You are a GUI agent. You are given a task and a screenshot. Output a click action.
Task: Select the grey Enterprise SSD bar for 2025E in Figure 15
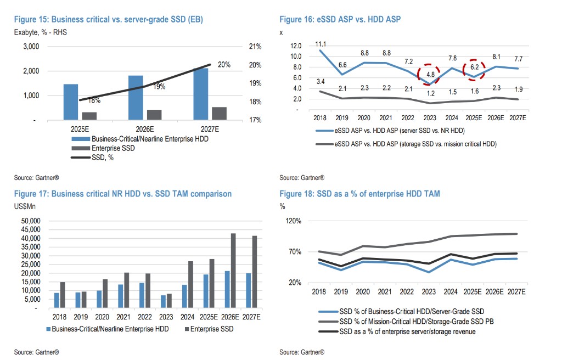(89, 116)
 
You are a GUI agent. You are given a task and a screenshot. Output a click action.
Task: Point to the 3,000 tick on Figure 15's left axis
(30, 47)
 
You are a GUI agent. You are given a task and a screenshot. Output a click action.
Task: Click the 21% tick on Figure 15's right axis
(255, 47)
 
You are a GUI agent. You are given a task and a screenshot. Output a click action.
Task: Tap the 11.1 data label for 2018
(322, 44)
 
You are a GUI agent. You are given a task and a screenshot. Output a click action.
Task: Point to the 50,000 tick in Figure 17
(31, 221)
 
